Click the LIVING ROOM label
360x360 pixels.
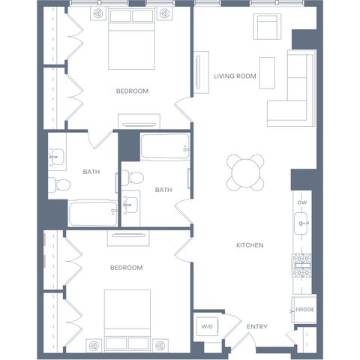coord(235,76)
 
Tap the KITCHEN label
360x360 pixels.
coord(250,245)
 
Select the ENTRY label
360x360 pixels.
coord(257,326)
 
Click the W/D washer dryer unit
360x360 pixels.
coord(207,326)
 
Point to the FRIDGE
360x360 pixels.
coord(304,310)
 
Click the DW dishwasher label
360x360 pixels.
coord(302,202)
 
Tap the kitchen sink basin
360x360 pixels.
coord(301,223)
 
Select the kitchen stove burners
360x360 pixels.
coord(301,265)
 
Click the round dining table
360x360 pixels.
coord(245,172)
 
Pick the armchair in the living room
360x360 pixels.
coord(267,26)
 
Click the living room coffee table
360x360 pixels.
coord(267,73)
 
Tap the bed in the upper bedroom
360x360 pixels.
coord(132,40)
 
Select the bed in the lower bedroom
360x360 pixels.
coord(127,321)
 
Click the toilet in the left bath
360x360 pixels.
coord(59,184)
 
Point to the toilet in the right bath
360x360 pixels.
coord(133,177)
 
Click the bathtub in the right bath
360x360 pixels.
coord(165,147)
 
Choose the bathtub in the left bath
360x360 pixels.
coord(93,213)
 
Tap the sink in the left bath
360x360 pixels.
coord(57,157)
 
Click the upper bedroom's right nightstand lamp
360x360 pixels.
coord(164,13)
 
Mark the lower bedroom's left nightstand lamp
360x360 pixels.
coord(94,346)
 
